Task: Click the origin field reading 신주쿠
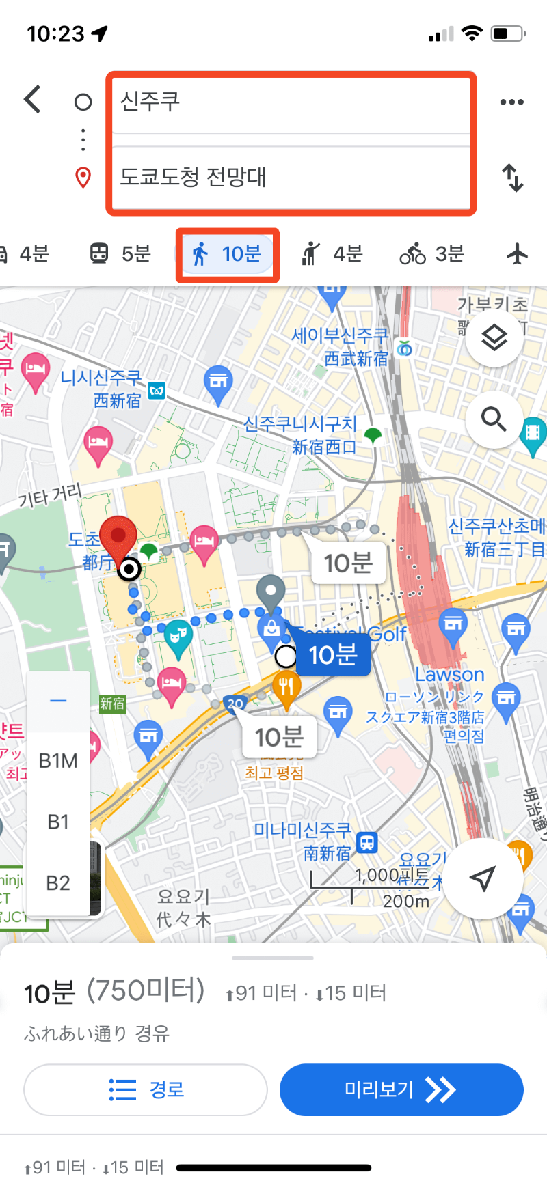click(x=291, y=102)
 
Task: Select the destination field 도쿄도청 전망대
click(x=291, y=178)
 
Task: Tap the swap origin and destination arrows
click(x=512, y=178)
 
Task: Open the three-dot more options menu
click(x=511, y=102)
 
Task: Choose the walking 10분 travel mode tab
click(x=228, y=255)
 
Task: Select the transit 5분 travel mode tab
click(x=120, y=255)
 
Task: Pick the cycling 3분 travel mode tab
click(x=432, y=255)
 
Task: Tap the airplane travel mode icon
click(x=518, y=255)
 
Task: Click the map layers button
click(x=494, y=337)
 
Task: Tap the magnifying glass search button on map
click(x=494, y=419)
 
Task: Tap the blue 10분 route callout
click(x=333, y=656)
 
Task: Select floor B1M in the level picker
click(x=58, y=761)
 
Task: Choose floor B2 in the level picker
click(x=58, y=883)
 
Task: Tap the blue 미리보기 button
click(x=401, y=1089)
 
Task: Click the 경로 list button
click(x=146, y=1089)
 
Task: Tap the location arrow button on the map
click(x=483, y=879)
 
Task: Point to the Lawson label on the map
click(x=450, y=675)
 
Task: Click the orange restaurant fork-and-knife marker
click(x=286, y=686)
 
